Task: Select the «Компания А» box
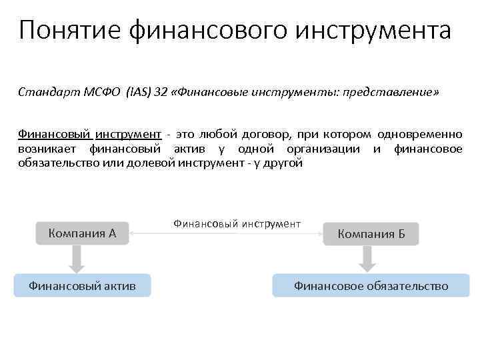pos(82,233)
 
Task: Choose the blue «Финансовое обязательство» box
pos(371,286)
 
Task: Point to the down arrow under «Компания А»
pos(77,259)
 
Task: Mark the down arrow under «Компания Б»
pos(367,259)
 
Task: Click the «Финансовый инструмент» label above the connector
pos(237,224)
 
